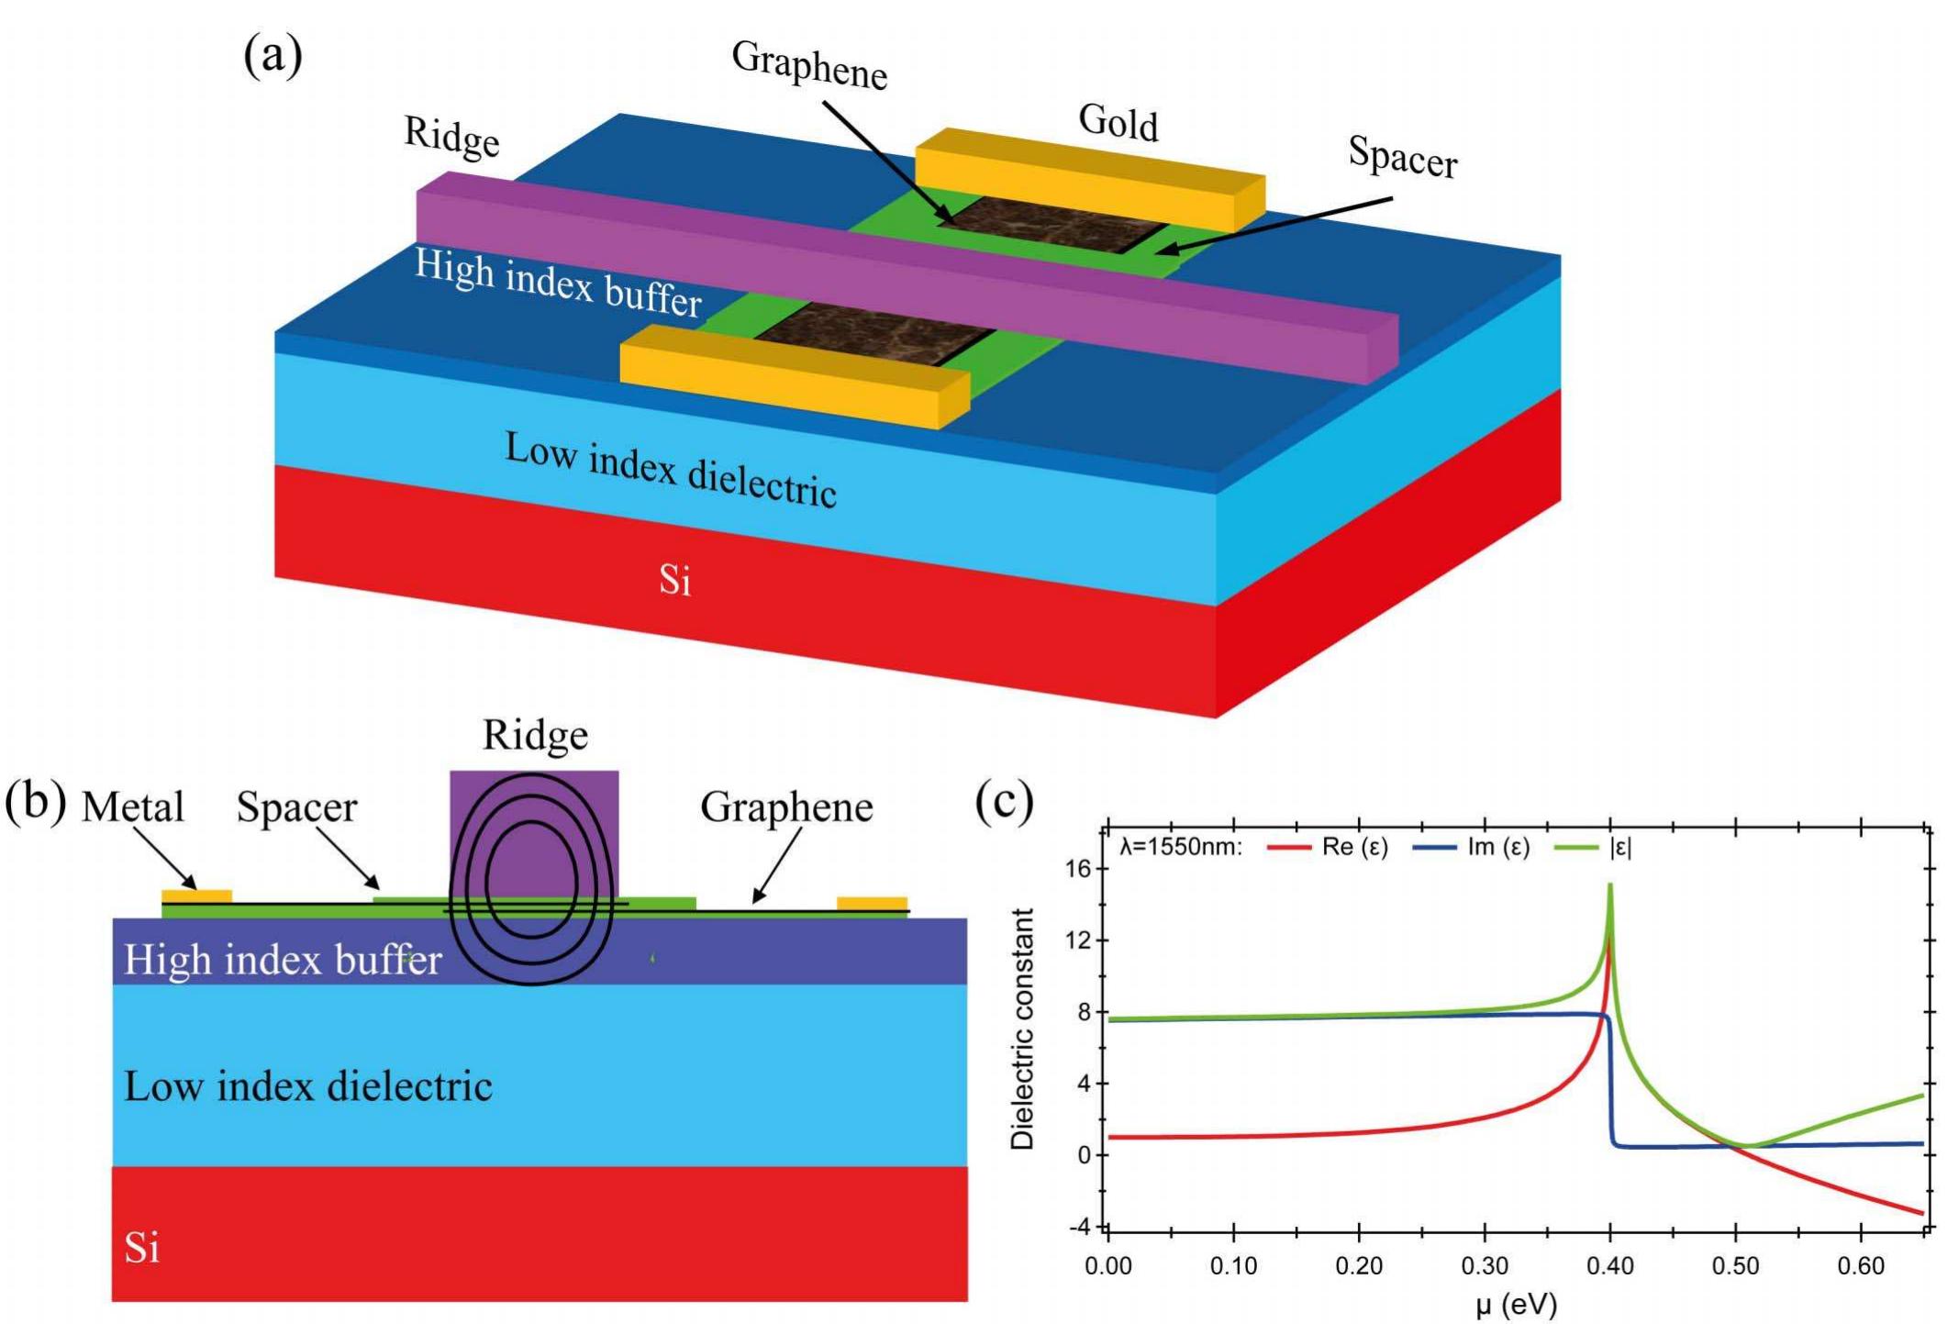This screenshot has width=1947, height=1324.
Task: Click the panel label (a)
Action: [x=273, y=57]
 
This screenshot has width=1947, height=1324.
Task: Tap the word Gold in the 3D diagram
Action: [x=1118, y=122]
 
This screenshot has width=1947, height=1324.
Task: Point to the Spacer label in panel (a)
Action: [x=1402, y=158]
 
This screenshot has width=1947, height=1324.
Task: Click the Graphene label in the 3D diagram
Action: [x=809, y=65]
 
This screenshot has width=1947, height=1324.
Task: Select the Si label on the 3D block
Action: [x=674, y=580]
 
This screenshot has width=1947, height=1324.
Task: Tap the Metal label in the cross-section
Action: [x=132, y=807]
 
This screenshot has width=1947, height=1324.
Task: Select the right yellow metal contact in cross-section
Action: [x=872, y=903]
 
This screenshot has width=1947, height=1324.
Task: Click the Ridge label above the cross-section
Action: [x=535, y=735]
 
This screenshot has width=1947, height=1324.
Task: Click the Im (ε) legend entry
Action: [x=1473, y=846]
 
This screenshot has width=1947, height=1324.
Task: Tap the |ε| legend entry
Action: [x=1597, y=846]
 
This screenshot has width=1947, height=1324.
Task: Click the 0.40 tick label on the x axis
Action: [x=1609, y=1266]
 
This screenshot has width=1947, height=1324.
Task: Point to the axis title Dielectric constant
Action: [x=1022, y=1029]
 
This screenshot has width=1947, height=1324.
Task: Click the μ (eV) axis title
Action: [x=1516, y=1304]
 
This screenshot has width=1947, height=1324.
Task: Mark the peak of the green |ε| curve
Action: [x=1610, y=885]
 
